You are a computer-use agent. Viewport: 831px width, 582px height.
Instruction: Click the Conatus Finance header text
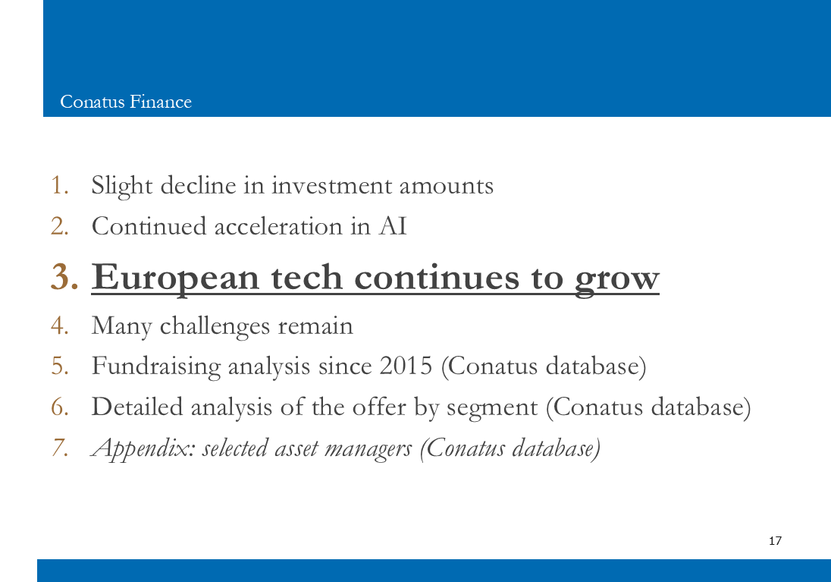[126, 102]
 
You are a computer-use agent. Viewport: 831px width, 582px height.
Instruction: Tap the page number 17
[775, 540]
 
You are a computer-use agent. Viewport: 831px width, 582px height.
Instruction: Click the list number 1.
[60, 185]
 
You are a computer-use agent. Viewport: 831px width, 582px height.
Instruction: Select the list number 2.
[60, 226]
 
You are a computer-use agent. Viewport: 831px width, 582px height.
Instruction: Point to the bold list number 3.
[64, 276]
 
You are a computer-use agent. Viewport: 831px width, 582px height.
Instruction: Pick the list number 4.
[60, 326]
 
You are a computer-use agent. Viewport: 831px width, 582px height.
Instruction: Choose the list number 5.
[60, 366]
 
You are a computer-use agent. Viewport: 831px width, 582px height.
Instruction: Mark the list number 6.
[60, 407]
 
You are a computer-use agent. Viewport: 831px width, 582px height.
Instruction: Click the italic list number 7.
[60, 448]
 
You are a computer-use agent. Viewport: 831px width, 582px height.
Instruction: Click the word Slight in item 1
[122, 186]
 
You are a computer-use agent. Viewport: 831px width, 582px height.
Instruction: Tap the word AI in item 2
[393, 226]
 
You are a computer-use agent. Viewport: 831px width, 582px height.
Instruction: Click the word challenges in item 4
[215, 326]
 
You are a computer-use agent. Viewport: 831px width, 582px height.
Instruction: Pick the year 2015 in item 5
[406, 366]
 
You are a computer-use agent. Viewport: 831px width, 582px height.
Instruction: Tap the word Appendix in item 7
[143, 449]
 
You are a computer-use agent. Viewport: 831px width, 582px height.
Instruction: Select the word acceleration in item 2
[278, 227]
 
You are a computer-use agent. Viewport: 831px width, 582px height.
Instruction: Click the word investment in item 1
[331, 186]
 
